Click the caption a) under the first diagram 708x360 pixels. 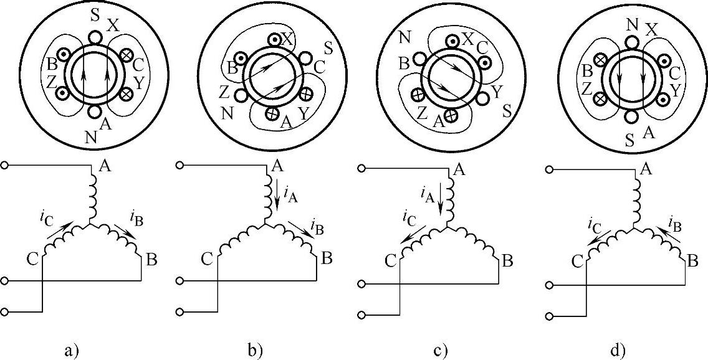pos(70,350)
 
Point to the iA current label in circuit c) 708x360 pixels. pos(428,197)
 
